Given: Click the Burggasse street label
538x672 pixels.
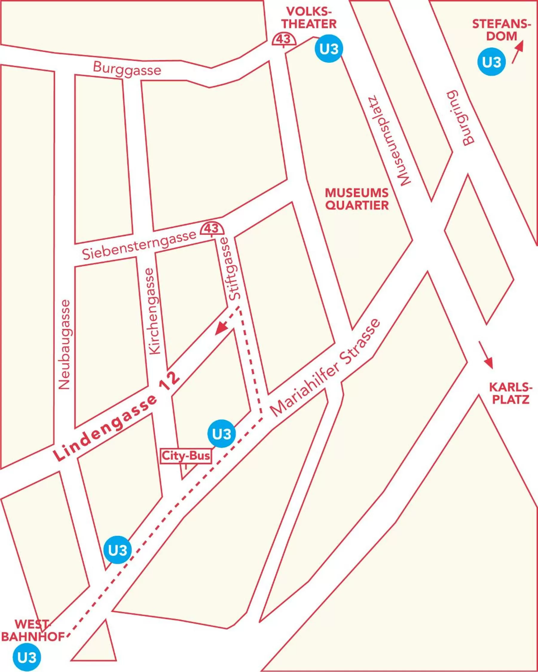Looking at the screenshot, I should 127,69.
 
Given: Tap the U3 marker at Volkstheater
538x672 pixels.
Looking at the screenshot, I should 329,49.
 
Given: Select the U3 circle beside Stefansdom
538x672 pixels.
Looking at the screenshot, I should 492,62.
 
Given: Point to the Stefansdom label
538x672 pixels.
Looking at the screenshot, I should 501,30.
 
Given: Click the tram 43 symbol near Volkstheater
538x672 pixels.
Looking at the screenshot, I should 284,39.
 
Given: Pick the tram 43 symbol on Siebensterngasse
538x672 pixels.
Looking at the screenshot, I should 212,228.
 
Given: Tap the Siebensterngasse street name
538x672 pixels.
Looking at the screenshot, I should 139,245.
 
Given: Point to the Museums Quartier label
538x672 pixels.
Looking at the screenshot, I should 357,199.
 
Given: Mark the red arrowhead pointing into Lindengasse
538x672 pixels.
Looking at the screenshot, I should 222,328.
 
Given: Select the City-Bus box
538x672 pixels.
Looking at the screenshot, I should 186,456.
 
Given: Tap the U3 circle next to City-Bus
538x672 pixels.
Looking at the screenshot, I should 221,433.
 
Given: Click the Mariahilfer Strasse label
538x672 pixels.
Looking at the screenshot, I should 326,368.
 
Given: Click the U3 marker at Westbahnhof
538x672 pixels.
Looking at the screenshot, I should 27,657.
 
